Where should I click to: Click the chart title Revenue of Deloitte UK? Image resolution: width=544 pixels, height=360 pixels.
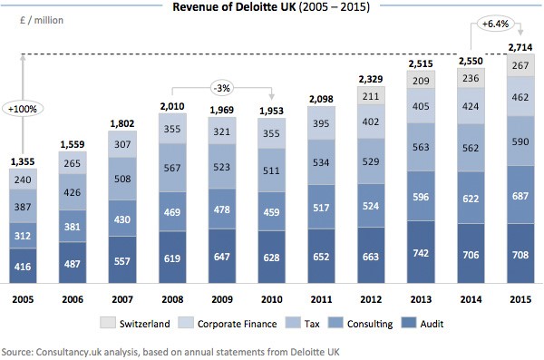click(x=271, y=9)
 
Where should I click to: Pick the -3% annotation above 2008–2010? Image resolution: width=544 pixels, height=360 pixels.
click(x=221, y=89)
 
